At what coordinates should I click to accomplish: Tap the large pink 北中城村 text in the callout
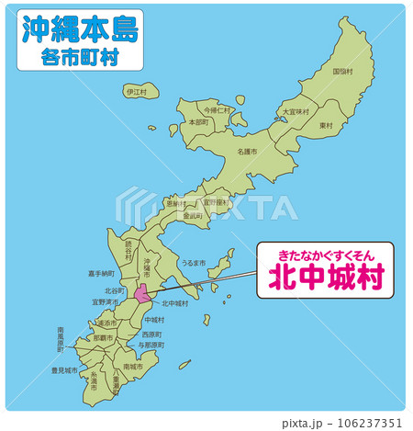pyautogui.click(x=325, y=278)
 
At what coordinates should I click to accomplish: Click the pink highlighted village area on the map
pyautogui.click(x=143, y=295)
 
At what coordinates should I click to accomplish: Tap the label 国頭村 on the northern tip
pyautogui.click(x=341, y=71)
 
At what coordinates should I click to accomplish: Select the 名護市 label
pyautogui.click(x=247, y=151)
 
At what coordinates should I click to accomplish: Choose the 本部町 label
pyautogui.click(x=198, y=121)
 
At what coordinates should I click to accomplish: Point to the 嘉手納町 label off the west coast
pyautogui.click(x=101, y=273)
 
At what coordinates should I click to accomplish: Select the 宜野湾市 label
pyautogui.click(x=106, y=301)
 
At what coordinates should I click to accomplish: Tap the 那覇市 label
pyautogui.click(x=104, y=338)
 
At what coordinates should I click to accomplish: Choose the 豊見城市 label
pyautogui.click(x=65, y=371)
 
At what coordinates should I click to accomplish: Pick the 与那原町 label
pyautogui.click(x=151, y=345)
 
